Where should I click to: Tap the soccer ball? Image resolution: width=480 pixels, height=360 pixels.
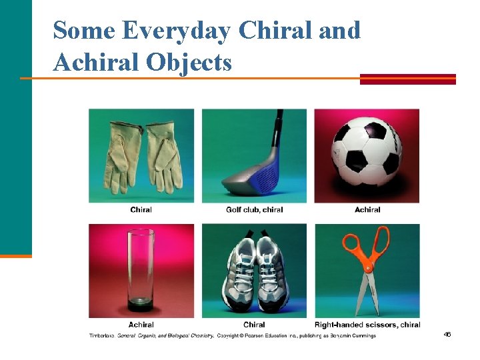point(366,153)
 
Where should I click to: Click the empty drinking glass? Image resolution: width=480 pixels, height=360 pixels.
point(141,270)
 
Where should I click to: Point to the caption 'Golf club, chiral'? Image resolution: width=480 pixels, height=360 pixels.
point(254,210)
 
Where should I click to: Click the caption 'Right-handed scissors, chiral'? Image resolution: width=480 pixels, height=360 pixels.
point(367,325)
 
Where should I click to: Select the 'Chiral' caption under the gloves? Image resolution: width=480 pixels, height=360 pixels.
point(141,210)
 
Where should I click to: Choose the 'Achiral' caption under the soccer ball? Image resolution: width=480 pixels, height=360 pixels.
point(367,210)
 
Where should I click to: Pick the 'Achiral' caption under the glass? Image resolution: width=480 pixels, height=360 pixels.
point(141,325)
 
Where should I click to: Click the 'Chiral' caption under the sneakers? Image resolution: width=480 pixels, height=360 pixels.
point(254,325)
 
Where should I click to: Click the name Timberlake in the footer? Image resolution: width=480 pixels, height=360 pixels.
point(102,335)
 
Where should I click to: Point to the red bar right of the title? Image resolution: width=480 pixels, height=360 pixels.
point(407,79)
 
